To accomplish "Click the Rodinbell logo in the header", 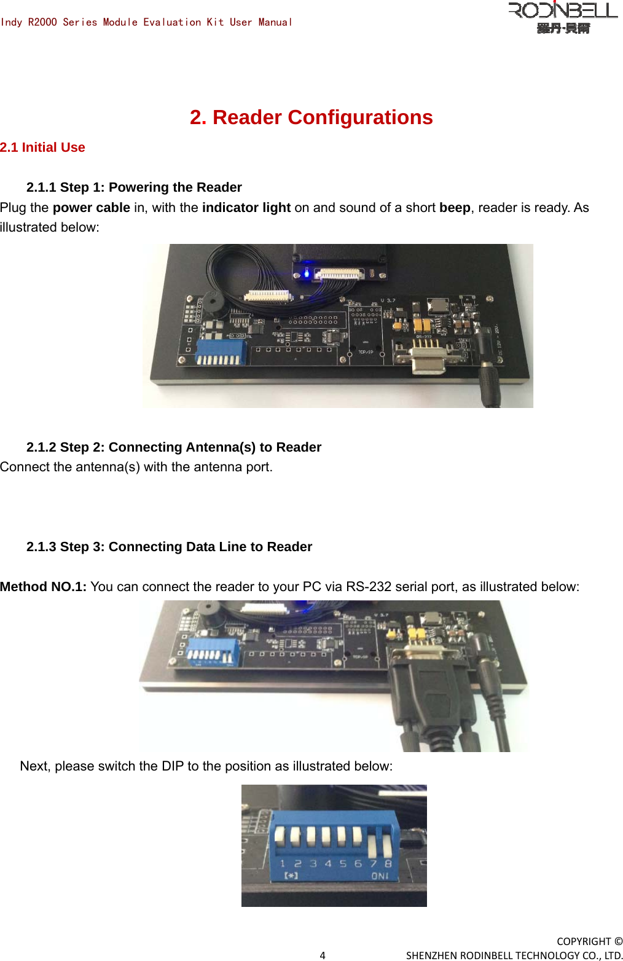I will (562, 17).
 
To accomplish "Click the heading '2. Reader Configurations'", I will (311, 117).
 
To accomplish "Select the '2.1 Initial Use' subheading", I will (42, 147).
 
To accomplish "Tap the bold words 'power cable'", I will (91, 208).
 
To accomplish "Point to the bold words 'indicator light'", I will (246, 208).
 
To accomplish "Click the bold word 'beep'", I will (454, 208).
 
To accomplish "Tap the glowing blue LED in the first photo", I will (307, 272).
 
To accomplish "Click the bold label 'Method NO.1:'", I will (43, 587).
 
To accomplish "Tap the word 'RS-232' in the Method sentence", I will (369, 587).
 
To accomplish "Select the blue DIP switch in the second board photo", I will (213, 651).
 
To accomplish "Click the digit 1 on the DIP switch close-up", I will (283, 863).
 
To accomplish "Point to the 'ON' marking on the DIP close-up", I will (380, 876).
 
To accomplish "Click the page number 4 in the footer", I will (323, 955).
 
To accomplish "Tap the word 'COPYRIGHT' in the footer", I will (584, 941).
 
